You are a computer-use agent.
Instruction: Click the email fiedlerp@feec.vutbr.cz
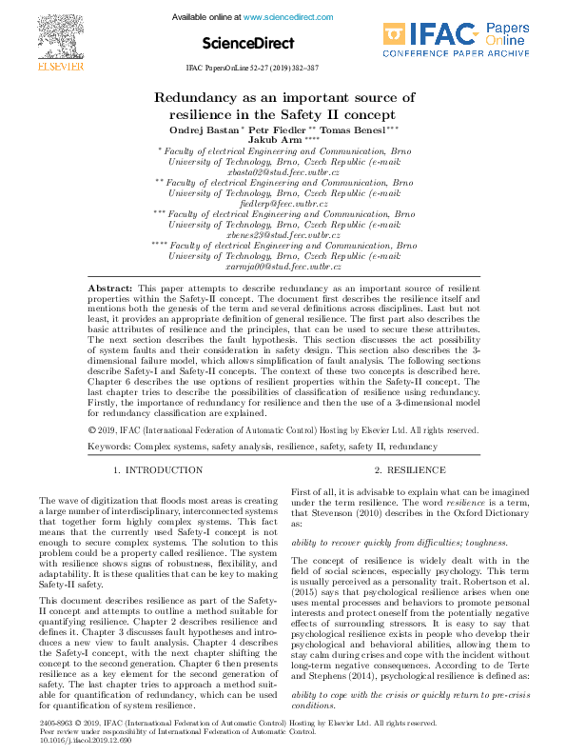click(x=283, y=204)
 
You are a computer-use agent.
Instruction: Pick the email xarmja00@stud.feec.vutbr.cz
click(x=283, y=267)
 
